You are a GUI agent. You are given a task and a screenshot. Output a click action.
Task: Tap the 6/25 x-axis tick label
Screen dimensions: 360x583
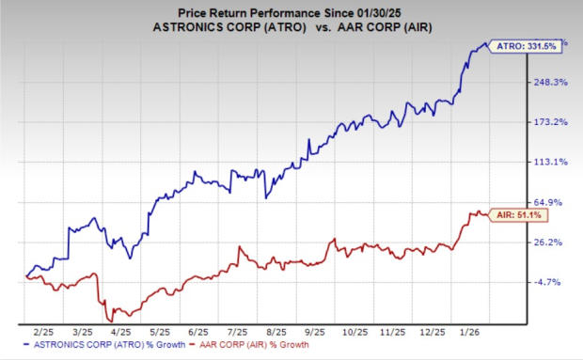(198, 332)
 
